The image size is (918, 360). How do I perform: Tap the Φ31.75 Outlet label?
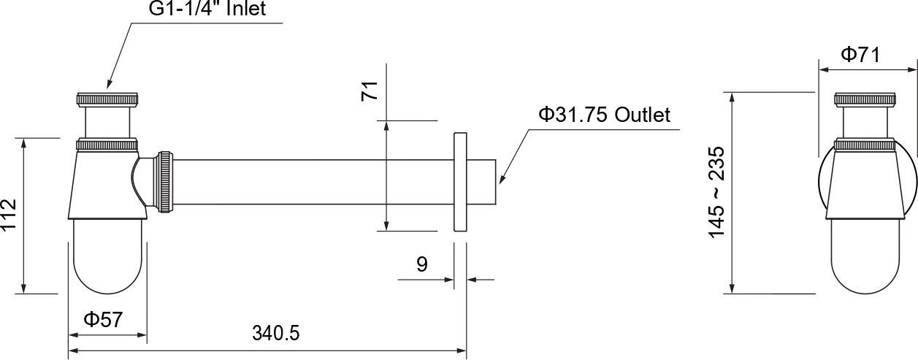(x=604, y=115)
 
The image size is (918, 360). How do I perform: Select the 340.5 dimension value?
(x=276, y=334)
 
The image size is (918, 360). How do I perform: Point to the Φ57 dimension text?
(x=102, y=319)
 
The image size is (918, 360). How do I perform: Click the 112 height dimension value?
(x=9, y=215)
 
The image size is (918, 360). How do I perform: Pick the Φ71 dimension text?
(x=860, y=54)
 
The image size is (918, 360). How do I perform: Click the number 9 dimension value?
(x=422, y=264)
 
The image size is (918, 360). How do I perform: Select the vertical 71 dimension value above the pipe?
(x=370, y=91)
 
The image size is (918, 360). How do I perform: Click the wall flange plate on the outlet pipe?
(x=460, y=181)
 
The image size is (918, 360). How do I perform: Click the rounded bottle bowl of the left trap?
(x=110, y=256)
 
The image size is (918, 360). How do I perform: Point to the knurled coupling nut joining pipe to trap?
(x=164, y=181)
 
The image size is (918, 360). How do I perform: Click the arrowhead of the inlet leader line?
(x=109, y=86)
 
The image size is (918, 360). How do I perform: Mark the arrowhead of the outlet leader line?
(x=502, y=178)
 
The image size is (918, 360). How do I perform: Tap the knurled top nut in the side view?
(x=865, y=99)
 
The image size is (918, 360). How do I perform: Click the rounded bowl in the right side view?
(x=865, y=256)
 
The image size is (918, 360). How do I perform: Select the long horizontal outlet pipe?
(x=314, y=181)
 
